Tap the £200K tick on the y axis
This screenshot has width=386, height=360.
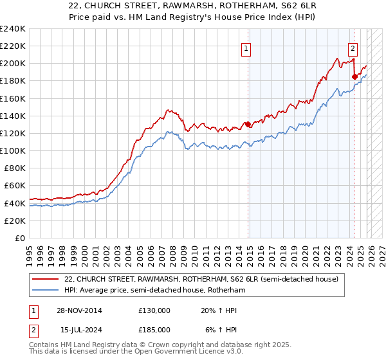(x=13, y=64)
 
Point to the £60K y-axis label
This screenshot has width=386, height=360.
(x=15, y=186)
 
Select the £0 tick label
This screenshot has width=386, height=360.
(x=21, y=238)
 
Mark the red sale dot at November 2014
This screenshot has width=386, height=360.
(x=247, y=124)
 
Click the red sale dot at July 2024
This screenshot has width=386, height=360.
(x=354, y=76)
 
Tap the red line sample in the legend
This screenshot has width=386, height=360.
(x=46, y=279)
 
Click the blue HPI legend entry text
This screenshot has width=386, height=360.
(x=155, y=291)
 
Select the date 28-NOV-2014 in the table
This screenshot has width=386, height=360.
(x=79, y=310)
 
